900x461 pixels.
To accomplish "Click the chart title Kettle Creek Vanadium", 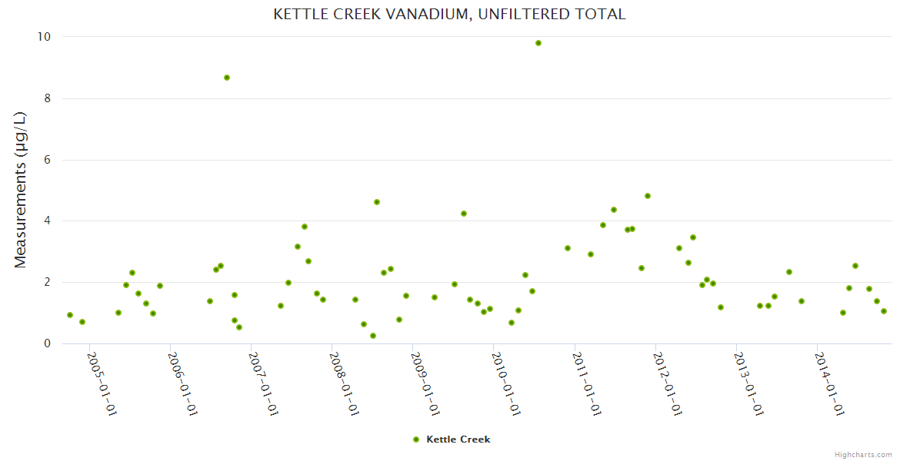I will [449, 15].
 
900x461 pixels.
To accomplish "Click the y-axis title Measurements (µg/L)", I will [21, 189].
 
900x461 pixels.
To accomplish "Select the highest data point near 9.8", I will [538, 43].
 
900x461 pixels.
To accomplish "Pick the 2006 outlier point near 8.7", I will [227, 78].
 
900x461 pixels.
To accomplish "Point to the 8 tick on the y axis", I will [46, 98].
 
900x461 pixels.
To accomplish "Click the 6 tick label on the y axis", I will [46, 160].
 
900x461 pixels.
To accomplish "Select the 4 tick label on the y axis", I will [46, 221].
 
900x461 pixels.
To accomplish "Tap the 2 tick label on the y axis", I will [46, 282].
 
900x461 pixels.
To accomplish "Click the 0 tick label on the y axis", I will [46, 343].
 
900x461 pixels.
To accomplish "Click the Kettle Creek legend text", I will [458, 439].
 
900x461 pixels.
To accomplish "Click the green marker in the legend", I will [416, 439].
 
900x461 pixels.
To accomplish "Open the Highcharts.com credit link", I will [863, 454].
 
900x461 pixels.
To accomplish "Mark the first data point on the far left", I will [70, 315].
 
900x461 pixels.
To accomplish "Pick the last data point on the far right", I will [884, 311].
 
